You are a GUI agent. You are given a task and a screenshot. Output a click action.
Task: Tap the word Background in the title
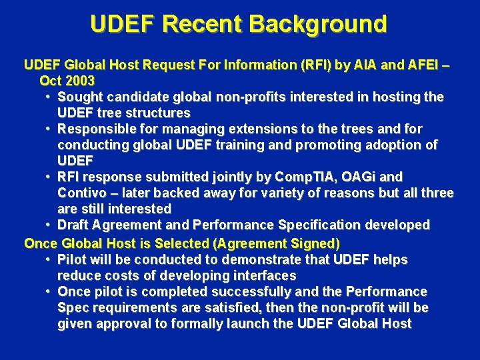(318, 24)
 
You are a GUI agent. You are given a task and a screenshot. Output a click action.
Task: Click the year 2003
(81, 81)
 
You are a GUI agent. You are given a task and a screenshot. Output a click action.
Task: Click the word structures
(157, 113)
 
